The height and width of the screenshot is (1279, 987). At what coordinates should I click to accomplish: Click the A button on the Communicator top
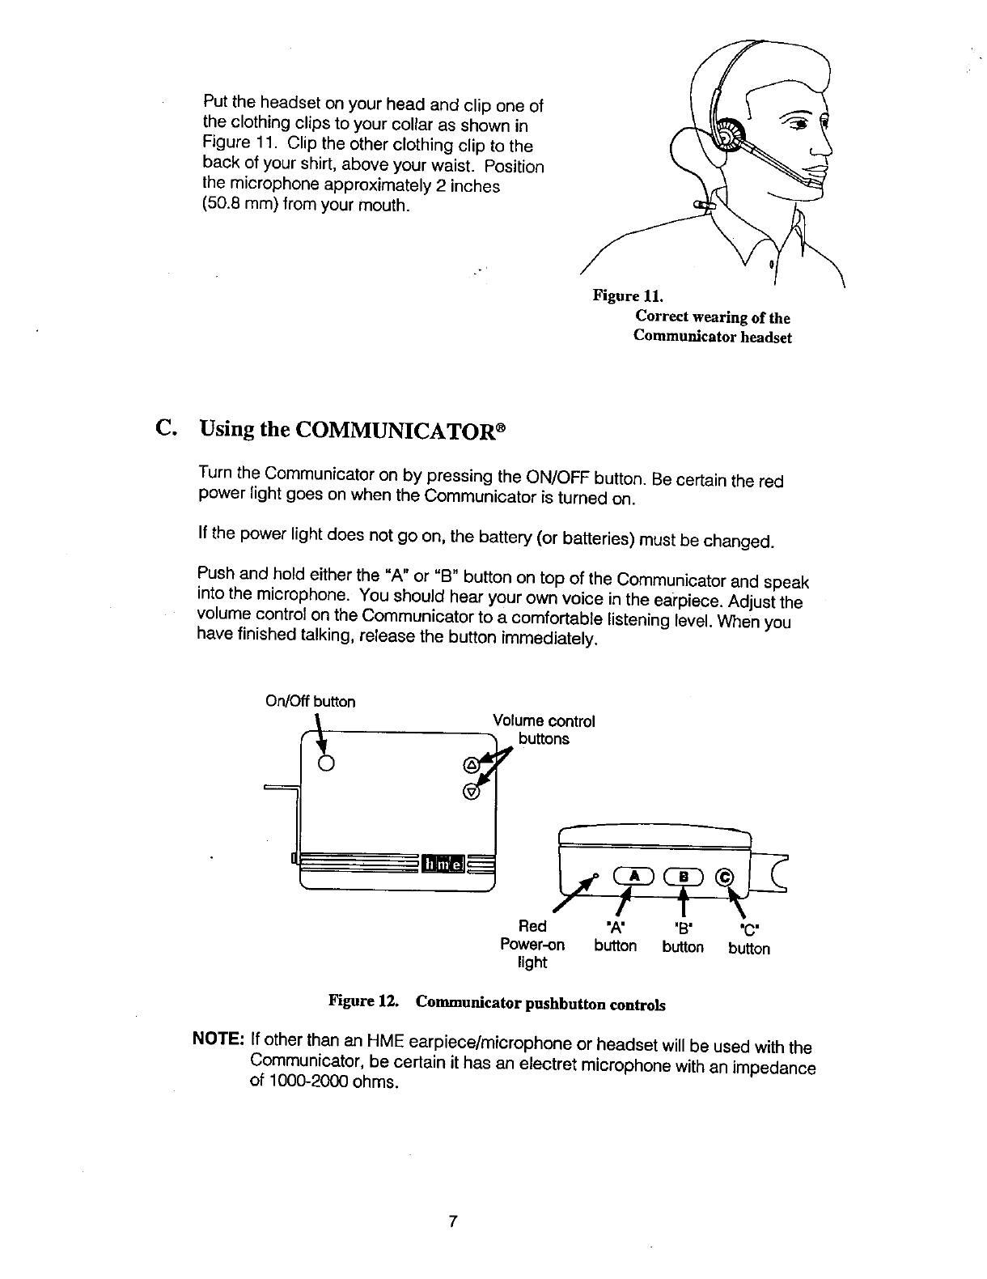click(633, 877)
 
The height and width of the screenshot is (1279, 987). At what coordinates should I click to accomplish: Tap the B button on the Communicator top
click(683, 877)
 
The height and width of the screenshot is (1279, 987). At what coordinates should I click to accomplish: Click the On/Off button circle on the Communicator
click(327, 763)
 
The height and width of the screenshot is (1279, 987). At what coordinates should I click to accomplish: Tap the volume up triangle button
click(472, 766)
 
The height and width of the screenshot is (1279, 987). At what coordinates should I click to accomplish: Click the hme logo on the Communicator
click(443, 864)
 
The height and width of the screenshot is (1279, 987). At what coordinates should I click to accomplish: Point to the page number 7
click(452, 1222)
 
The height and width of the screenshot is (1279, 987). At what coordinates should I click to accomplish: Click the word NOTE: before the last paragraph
click(218, 1039)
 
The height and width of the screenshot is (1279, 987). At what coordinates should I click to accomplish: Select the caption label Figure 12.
click(363, 1001)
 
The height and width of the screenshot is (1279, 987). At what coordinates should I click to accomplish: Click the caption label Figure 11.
click(628, 295)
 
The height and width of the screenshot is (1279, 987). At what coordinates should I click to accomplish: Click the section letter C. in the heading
click(165, 428)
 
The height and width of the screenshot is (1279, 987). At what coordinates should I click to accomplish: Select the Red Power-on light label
click(532, 945)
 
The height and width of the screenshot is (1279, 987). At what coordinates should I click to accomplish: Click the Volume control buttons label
click(544, 730)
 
